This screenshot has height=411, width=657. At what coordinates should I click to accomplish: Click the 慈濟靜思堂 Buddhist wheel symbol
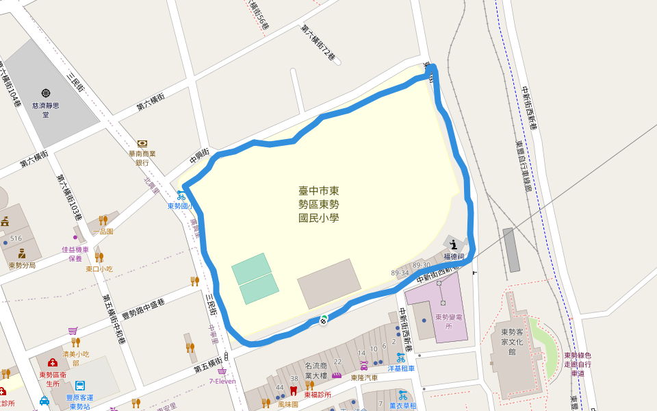pos(46,92)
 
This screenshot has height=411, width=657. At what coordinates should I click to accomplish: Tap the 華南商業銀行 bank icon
pos(142,143)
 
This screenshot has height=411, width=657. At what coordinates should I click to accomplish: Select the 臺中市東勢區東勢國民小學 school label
pos(319,204)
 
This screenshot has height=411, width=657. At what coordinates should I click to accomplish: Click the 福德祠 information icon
pos(454,243)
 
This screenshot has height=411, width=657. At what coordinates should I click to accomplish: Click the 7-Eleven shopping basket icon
pos(222,371)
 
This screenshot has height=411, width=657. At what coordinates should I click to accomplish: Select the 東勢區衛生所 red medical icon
pos(52,362)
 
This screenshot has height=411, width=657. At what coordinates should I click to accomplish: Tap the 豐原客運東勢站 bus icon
pos(80,385)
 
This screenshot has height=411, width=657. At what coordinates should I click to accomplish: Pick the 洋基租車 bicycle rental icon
pos(401,357)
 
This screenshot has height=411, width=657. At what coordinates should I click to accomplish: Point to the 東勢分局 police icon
pos(22,253)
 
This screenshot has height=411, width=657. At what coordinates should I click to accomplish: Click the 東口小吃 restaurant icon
pos(99,258)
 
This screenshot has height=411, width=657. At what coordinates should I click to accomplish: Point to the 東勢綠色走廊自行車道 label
pos(578,364)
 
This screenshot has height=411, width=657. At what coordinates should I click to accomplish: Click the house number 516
pos(16,238)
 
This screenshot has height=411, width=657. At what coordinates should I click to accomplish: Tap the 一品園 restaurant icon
pos(103,220)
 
